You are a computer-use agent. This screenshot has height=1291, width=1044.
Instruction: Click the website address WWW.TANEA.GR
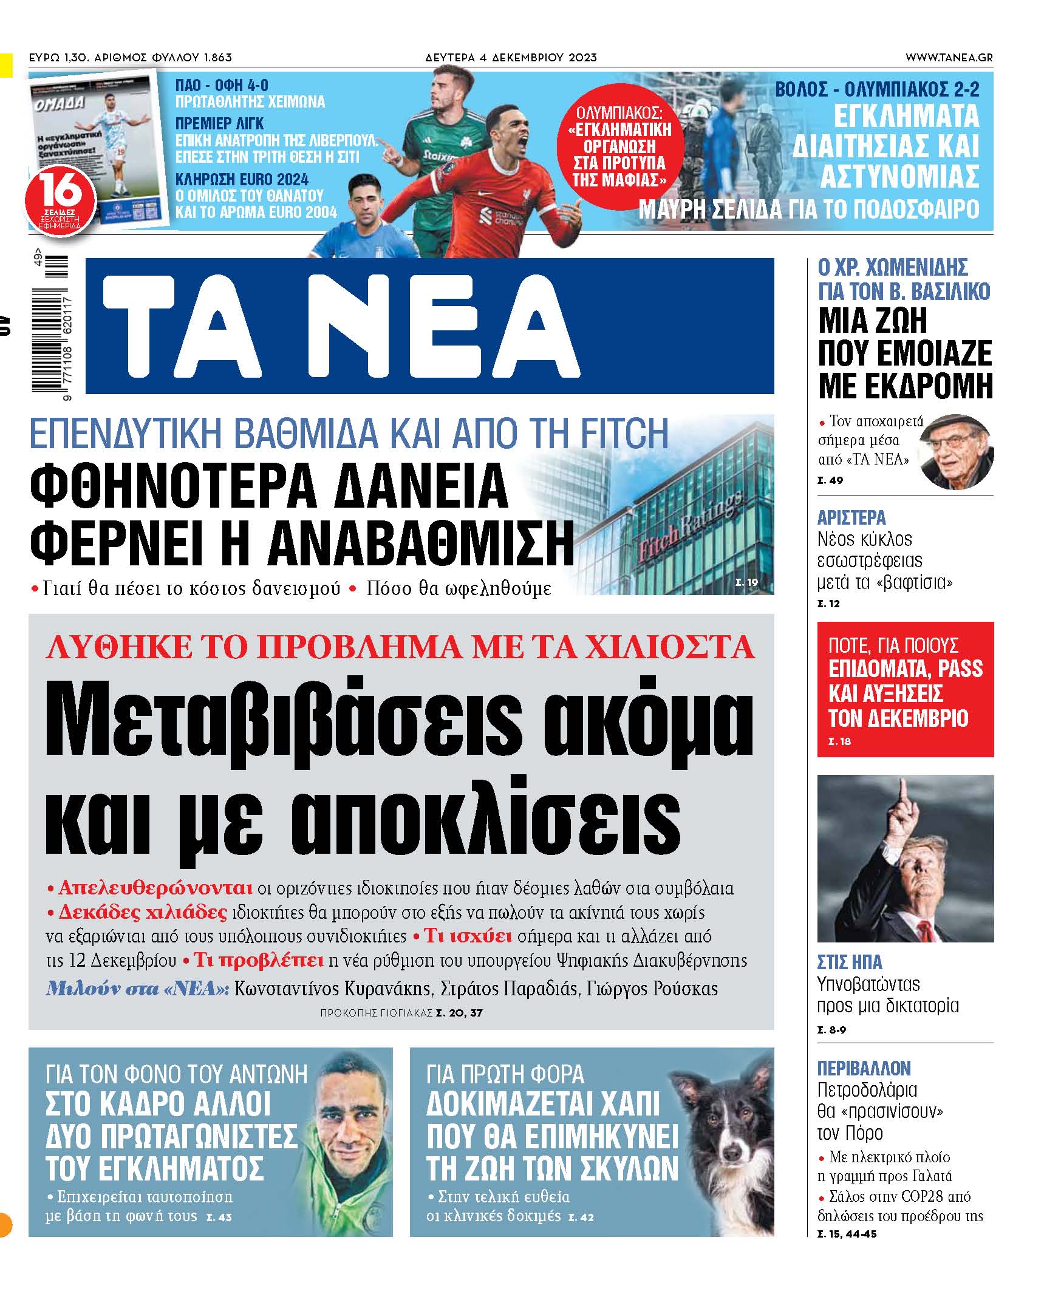click(x=949, y=58)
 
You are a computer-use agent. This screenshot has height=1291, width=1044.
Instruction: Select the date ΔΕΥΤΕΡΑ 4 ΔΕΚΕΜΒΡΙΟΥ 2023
click(x=511, y=58)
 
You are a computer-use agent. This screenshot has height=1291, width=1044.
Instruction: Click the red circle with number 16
click(x=61, y=199)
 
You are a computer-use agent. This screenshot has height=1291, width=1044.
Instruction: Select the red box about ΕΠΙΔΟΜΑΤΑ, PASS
click(x=905, y=689)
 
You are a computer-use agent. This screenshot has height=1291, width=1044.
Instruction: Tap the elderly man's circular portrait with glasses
click(x=957, y=452)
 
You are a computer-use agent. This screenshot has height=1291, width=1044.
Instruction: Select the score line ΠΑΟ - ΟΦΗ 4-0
click(x=222, y=85)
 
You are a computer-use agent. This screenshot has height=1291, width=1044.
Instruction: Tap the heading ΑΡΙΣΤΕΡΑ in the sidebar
click(x=851, y=517)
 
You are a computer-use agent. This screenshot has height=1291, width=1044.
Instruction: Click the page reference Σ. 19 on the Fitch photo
click(x=746, y=582)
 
